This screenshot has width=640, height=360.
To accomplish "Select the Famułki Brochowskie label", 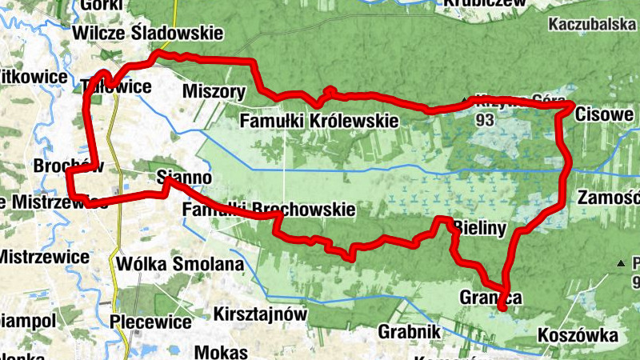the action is coord(268,210).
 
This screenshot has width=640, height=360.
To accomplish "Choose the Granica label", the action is coord(490,298).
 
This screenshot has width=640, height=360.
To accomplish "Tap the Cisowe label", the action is coord(604,114).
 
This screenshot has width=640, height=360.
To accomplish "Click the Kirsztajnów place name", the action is coord(262,314).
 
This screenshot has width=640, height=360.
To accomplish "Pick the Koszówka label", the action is coord(578,334).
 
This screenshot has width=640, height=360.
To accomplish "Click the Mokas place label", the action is coord(222,352).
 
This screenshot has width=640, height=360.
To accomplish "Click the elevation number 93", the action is coord(483,120).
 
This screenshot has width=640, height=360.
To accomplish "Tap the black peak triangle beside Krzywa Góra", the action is coord(466,101).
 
